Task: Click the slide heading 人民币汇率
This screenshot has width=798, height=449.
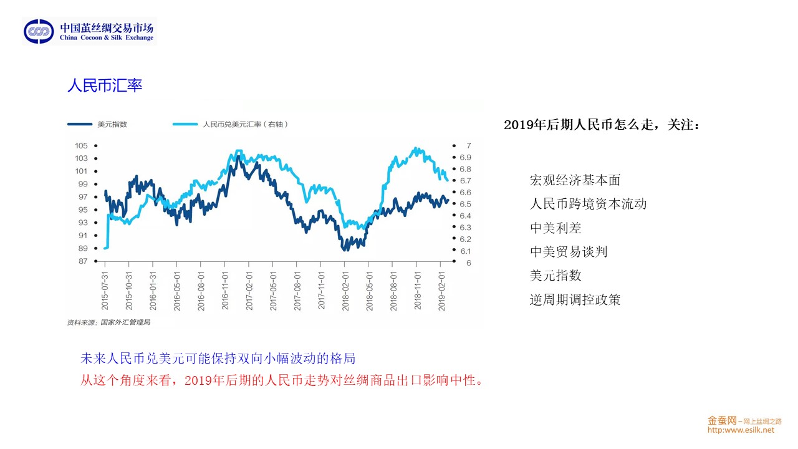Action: [105, 85]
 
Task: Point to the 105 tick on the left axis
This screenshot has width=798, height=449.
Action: [82, 145]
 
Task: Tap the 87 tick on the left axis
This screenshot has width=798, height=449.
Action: [84, 261]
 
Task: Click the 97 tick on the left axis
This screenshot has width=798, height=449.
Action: [84, 197]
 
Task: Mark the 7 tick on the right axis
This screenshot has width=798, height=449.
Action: [468, 145]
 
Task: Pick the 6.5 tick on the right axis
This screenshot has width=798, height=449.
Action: [465, 204]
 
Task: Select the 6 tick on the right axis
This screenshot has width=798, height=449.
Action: [468, 263]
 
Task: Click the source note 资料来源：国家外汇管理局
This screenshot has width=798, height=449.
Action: [109, 322]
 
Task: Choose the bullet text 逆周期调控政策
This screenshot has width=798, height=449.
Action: [575, 299]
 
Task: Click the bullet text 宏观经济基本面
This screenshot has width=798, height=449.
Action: [575, 180]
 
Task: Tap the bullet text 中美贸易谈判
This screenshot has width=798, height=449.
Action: [568, 251]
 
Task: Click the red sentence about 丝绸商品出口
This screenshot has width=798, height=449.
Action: [282, 380]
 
